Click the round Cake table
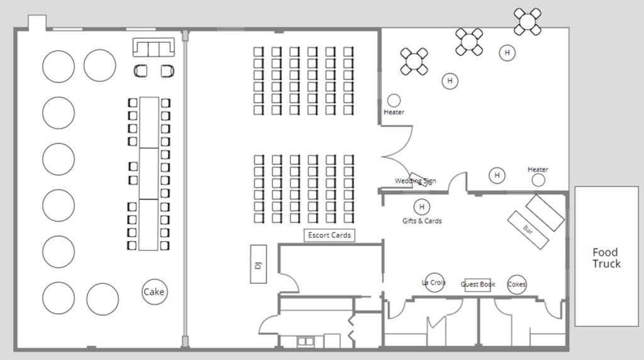tap(154, 292)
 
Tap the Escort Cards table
tap(330, 235)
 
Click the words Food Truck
tap(606, 258)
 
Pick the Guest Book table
tap(477, 284)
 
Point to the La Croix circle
tap(435, 283)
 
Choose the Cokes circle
tap(516, 284)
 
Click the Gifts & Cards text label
tap(422, 221)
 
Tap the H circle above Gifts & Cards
tap(422, 206)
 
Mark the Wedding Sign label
tap(415, 181)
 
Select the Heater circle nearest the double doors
tap(394, 100)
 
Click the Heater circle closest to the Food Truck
tap(538, 180)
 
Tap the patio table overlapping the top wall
tap(527, 21)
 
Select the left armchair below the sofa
tap(141, 71)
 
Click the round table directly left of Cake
tap(103, 299)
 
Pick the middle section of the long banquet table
tap(149, 173)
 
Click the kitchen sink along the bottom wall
tap(306, 342)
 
